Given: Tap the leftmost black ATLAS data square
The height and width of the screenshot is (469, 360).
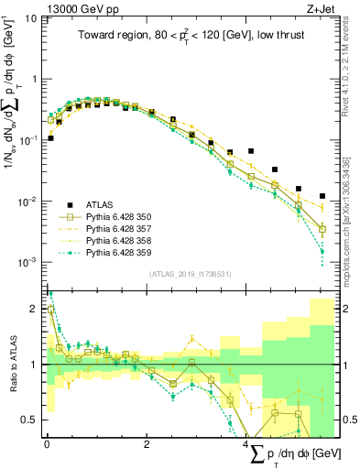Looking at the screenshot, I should click(50, 138).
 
